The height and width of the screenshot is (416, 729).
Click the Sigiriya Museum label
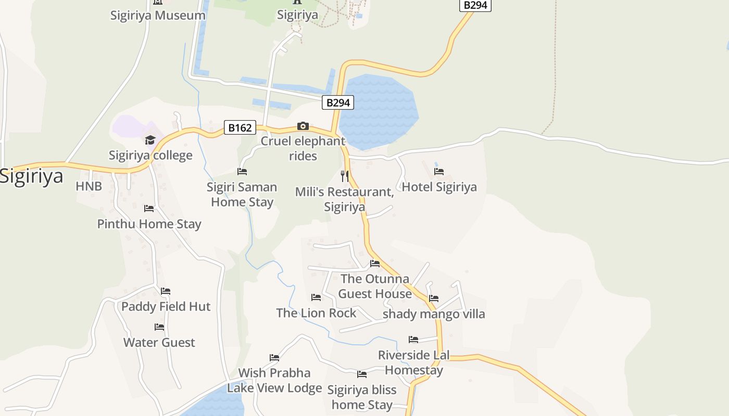(x=158, y=15)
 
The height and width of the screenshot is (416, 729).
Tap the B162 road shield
(x=240, y=127)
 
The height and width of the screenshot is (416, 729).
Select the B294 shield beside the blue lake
(x=337, y=102)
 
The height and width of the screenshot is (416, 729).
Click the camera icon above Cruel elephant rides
(x=303, y=126)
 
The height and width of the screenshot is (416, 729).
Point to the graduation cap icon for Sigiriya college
(x=150, y=140)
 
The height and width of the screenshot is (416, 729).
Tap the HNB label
(x=89, y=186)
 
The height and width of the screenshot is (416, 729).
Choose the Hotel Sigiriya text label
(x=439, y=187)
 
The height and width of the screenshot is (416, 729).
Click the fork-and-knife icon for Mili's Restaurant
(x=344, y=176)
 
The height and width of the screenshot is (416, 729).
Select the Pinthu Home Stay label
(x=149, y=224)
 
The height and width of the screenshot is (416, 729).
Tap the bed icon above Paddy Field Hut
(x=166, y=291)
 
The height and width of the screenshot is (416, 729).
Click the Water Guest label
(x=159, y=342)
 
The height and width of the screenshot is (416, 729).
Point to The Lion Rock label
(x=316, y=313)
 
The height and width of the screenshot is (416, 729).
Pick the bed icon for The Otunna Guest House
(x=375, y=264)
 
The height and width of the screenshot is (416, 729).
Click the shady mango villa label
(x=434, y=314)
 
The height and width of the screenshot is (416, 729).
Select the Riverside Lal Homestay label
(x=414, y=362)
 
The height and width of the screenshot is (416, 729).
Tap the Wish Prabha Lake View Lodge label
(x=274, y=380)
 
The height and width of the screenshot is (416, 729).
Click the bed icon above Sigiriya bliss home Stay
(x=362, y=374)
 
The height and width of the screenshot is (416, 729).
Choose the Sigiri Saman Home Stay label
(x=242, y=194)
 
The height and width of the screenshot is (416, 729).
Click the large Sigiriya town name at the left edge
(x=31, y=176)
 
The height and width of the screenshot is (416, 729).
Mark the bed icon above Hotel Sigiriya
(x=439, y=171)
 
